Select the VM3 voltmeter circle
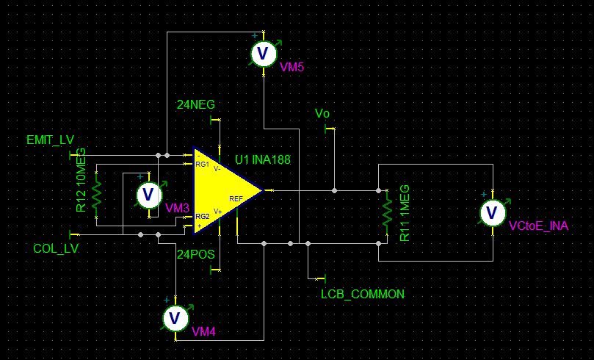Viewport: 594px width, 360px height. tap(149, 195)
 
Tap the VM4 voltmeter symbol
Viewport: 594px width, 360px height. tap(175, 318)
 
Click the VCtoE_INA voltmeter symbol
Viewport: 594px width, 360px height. tap(491, 212)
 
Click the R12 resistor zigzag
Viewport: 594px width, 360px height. tap(96, 195)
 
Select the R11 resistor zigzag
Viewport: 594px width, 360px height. tap(386, 213)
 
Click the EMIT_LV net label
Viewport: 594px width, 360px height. tap(50, 140)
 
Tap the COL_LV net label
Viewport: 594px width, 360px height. tap(56, 248)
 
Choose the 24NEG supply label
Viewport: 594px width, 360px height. tap(196, 105)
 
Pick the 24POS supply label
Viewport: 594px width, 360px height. tap(196, 254)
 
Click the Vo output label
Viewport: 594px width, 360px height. tap(322, 114)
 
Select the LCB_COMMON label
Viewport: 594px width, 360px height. tap(363, 294)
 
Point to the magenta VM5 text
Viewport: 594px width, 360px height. tap(291, 67)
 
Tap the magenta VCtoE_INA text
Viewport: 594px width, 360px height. tap(538, 226)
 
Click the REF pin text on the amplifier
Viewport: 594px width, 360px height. tap(236, 198)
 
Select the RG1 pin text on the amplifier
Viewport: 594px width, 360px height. tap(202, 165)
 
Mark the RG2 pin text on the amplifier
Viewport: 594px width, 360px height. tap(202, 216)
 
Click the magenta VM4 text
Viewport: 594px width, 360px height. tap(203, 332)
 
